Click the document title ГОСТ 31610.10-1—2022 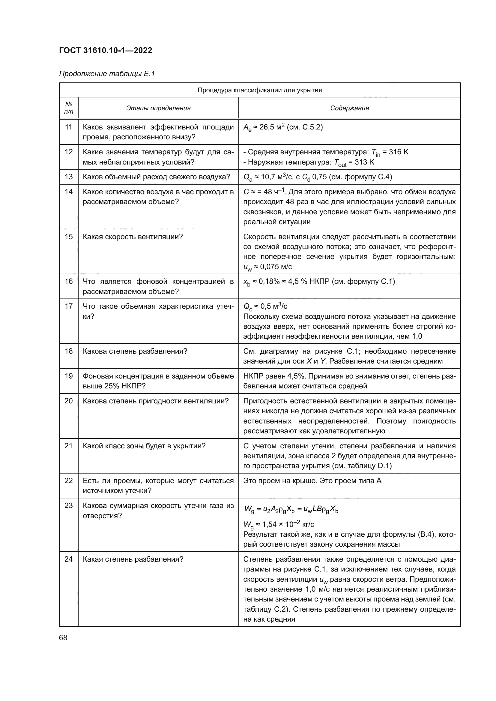105,50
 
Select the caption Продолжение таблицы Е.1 107,74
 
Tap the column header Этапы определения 158,108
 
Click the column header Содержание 349,108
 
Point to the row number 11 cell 69,127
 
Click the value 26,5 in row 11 267,127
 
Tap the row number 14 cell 69,192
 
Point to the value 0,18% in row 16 269,281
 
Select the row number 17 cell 69,306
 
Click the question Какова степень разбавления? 135,351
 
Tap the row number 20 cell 69,401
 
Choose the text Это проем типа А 351,481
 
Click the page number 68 63,638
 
